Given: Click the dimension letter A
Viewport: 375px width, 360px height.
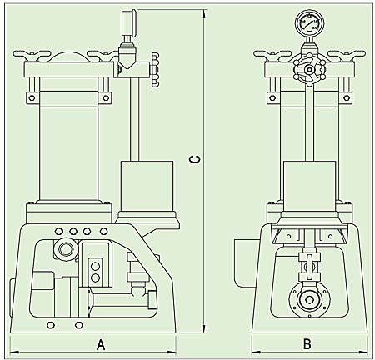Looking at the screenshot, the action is coord(101,345).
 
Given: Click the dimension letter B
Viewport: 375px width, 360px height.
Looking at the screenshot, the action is coord(307,344).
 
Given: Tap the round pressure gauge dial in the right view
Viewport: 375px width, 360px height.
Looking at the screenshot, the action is coord(309,22).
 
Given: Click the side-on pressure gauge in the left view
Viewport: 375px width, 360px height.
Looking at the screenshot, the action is coord(128,22).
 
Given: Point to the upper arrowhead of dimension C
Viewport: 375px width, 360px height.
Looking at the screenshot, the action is coord(204,14).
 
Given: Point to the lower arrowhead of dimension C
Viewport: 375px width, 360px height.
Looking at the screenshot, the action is coord(204,327).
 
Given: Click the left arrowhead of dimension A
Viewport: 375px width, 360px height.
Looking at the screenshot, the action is coord(15,352).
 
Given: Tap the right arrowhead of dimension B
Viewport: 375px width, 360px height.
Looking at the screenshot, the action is coord(363,352).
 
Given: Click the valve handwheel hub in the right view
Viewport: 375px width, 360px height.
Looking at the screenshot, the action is coord(309,69).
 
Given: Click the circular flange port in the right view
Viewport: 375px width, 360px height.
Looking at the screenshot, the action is coord(309,300).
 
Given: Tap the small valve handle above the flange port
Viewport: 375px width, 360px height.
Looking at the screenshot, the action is coord(308,267).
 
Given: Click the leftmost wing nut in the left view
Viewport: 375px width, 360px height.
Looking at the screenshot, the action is coord(32,55).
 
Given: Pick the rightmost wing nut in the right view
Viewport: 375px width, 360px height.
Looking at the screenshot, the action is coord(346,55).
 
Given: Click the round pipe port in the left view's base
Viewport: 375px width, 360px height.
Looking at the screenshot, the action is coord(65,248).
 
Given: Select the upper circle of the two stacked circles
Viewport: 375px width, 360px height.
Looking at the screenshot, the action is coord(95,266).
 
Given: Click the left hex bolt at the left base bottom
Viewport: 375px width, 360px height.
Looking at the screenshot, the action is coord(51,325).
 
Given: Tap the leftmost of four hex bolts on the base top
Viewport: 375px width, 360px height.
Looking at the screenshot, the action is coord(59,231).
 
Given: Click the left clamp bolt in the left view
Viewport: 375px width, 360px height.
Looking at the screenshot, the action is coord(32,98).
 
